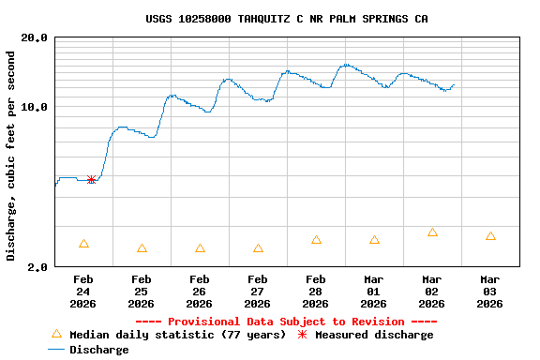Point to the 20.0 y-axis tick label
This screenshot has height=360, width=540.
pyautogui.click(x=35, y=38)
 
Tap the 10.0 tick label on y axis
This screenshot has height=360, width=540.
pyautogui.click(x=35, y=107)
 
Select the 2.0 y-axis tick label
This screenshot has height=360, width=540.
pyautogui.click(x=38, y=267)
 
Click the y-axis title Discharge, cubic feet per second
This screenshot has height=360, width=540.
pyautogui.click(x=11, y=156)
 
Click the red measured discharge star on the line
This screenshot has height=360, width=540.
pyautogui.click(x=91, y=179)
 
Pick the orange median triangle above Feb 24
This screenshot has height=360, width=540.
pyautogui.click(x=83, y=244)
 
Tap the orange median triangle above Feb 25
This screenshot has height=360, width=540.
pyautogui.click(x=142, y=248)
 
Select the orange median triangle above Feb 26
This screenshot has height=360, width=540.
pyautogui.click(x=200, y=248)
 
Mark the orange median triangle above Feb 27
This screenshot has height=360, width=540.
pyautogui.click(x=258, y=248)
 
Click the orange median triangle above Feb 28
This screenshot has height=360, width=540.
pyautogui.click(x=316, y=240)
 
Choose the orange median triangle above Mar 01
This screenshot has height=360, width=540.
pyautogui.click(x=374, y=240)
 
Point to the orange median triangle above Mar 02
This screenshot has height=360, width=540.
pyautogui.click(x=432, y=232)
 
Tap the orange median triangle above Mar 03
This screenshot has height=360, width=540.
pyautogui.click(x=490, y=236)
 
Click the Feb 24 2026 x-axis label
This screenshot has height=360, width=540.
pyautogui.click(x=83, y=291)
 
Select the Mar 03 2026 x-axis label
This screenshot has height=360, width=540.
pyautogui.click(x=490, y=291)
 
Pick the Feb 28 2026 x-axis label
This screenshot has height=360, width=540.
pyautogui.click(x=316, y=291)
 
